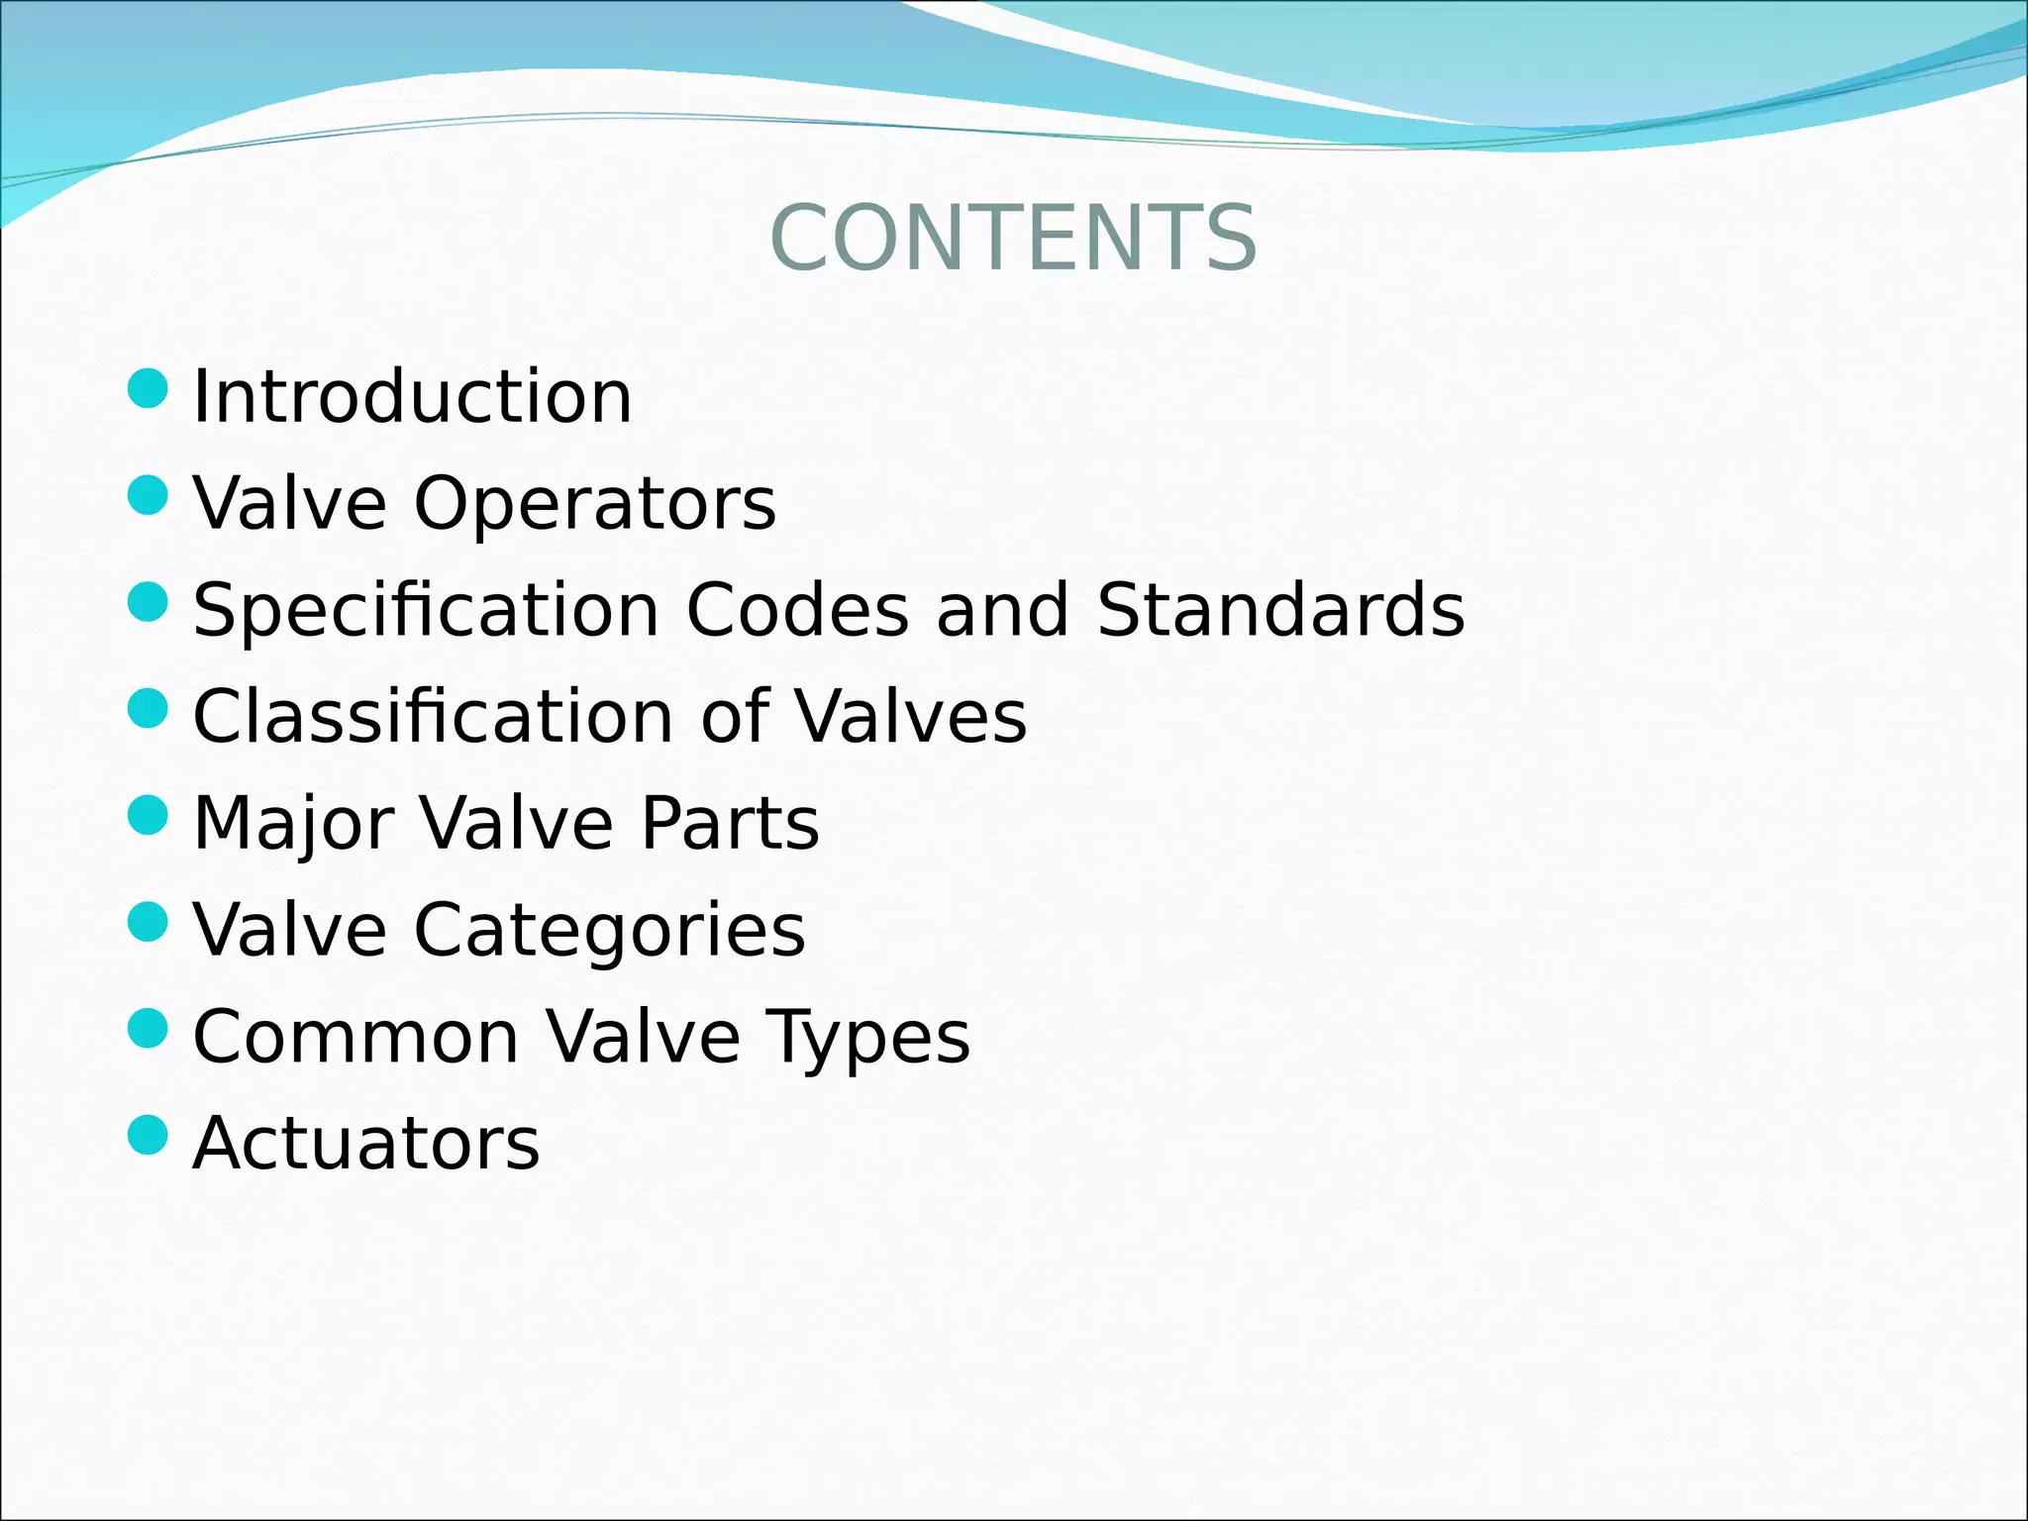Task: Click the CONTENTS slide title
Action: (x=1013, y=238)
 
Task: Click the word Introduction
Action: (x=412, y=396)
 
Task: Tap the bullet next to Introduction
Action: (x=149, y=388)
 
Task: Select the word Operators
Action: (x=594, y=504)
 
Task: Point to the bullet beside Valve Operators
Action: (x=149, y=495)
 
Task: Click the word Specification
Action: (x=426, y=611)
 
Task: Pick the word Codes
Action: (x=797, y=610)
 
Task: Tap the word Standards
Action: (x=1280, y=610)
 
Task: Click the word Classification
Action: (x=434, y=716)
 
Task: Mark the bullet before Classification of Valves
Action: (x=149, y=708)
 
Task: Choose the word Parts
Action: (x=730, y=823)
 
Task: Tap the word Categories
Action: (x=609, y=931)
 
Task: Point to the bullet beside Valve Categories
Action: (x=149, y=922)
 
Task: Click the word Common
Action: (x=356, y=1037)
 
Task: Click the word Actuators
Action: (x=366, y=1144)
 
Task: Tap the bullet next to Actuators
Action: (x=149, y=1135)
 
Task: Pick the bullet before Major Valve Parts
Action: (x=149, y=815)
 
